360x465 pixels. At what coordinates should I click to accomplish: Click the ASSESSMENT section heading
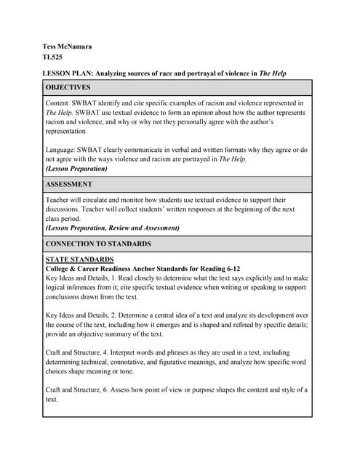[69, 185]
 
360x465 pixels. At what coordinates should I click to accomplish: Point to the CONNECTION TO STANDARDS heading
[98, 244]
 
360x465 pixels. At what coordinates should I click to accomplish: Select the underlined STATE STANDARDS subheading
[79, 259]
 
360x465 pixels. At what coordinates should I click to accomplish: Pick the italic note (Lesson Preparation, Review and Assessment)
[112, 227]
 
